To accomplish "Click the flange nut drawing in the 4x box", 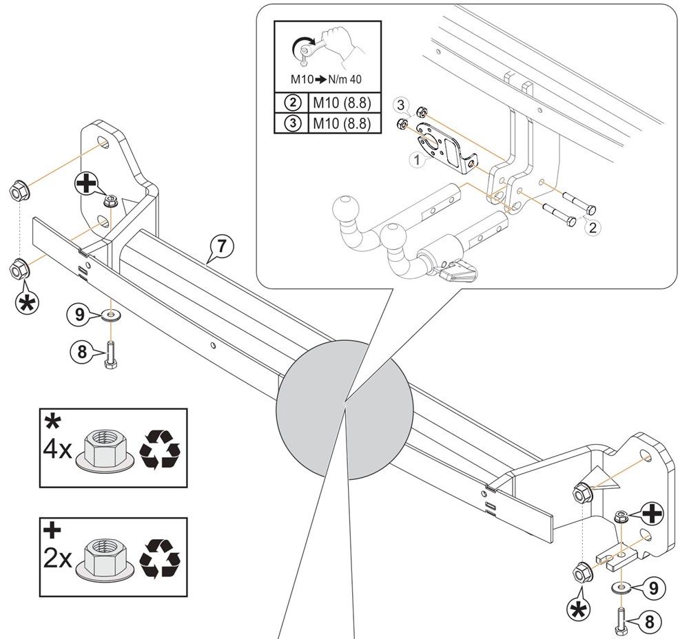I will pyautogui.click(x=106, y=451).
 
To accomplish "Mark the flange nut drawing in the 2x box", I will pyautogui.click(x=106, y=556).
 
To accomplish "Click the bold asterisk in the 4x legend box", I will pyautogui.click(x=52, y=421).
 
